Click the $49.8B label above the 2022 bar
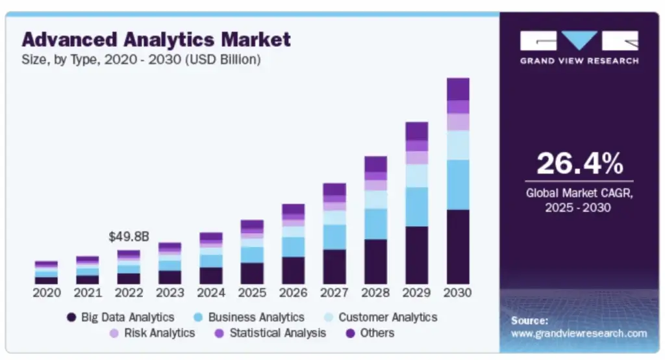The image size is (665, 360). pyautogui.click(x=129, y=237)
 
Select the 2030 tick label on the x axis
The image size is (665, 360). pyautogui.click(x=458, y=292)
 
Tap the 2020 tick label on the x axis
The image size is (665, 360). pyautogui.click(x=46, y=292)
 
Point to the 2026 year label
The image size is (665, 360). pyautogui.click(x=293, y=292)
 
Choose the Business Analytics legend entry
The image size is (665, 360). pyautogui.click(x=249, y=317)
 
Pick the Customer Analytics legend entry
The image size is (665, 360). pyautogui.click(x=380, y=317)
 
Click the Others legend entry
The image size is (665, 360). pyautogui.click(x=370, y=333)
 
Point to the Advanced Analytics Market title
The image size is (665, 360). pyautogui.click(x=156, y=39)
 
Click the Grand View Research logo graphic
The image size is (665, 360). pyautogui.click(x=579, y=41)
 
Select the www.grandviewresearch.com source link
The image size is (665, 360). pyautogui.click(x=579, y=334)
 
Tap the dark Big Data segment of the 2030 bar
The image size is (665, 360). pyautogui.click(x=458, y=247)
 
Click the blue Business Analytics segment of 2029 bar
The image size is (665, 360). pyautogui.click(x=417, y=207)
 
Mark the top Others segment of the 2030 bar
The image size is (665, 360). pyautogui.click(x=458, y=89)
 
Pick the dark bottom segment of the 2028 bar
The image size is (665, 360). pyautogui.click(x=375, y=261)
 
